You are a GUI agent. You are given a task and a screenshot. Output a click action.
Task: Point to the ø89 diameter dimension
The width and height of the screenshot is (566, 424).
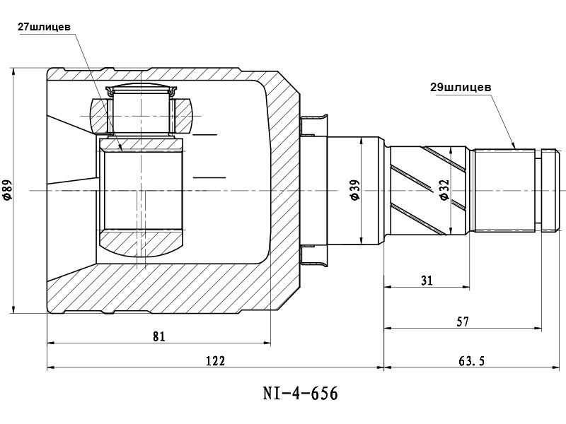pos(7,190)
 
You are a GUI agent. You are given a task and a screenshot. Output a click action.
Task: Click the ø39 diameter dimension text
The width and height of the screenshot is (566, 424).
pos(355,190)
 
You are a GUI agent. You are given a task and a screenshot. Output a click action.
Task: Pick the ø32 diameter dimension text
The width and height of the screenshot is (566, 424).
pos(444,190)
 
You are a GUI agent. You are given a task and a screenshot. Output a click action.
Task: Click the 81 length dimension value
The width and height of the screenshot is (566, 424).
pos(158,336)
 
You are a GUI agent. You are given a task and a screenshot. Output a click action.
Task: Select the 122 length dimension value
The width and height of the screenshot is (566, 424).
pos(215,360)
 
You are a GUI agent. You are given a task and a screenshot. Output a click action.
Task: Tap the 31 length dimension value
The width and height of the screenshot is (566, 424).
pos(427,281)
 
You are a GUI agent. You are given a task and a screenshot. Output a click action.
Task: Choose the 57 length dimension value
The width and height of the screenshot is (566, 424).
pos(463,322)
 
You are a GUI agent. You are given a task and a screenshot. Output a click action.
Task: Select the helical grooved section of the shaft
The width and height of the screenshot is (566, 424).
pos(428,189)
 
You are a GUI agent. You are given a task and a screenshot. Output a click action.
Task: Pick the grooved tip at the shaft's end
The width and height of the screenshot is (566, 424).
pos(550,189)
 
